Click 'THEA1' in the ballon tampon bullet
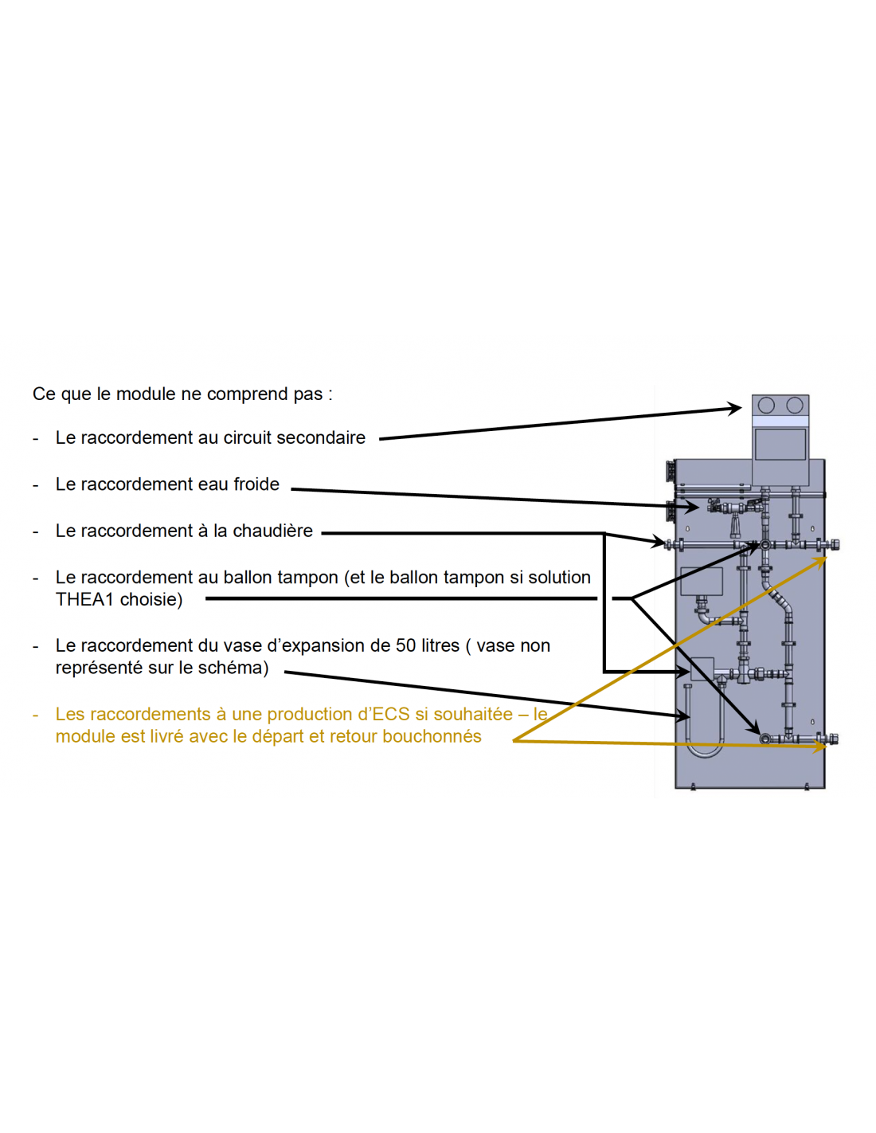tap(84, 600)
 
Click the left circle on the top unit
tap(766, 405)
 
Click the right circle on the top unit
tap(794, 405)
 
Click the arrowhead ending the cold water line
tap(692, 506)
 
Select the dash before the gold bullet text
tap(35, 715)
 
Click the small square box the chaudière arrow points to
tap(702, 669)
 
